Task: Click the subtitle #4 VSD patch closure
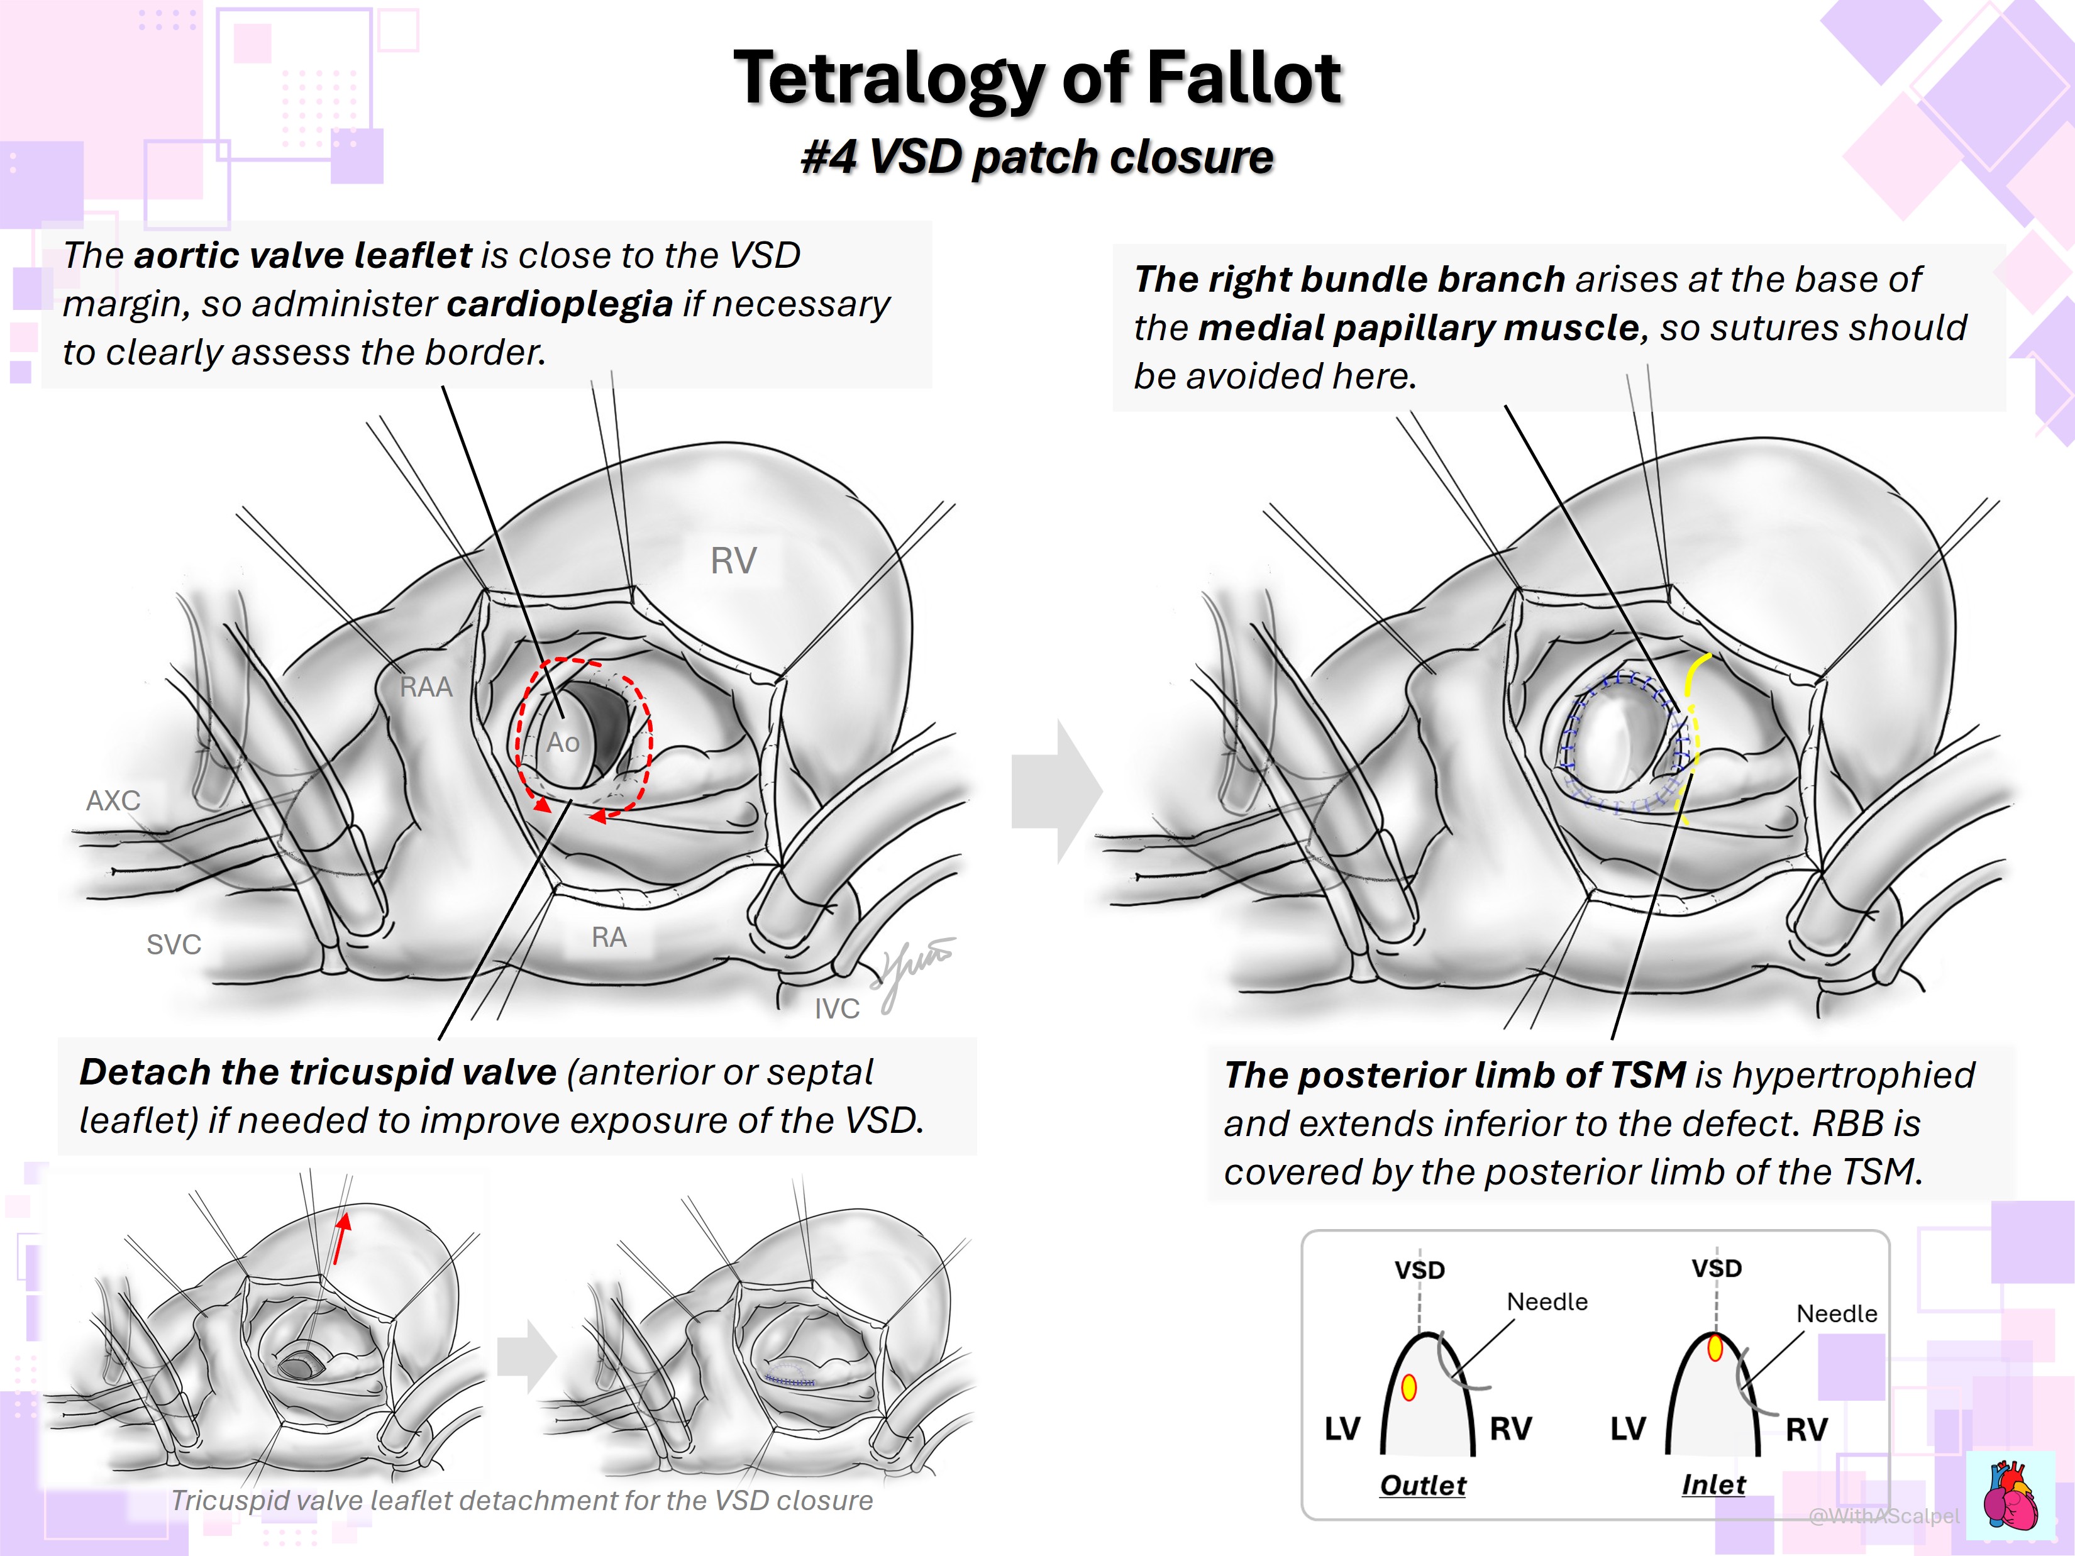pyautogui.click(x=1037, y=157)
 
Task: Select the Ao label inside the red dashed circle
pyautogui.click(x=563, y=743)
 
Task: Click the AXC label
pyautogui.click(x=113, y=800)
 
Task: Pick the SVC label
pyautogui.click(x=174, y=944)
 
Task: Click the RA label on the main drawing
pyautogui.click(x=609, y=937)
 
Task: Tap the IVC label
pyautogui.click(x=837, y=1008)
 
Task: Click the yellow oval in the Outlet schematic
pyautogui.click(x=1408, y=1387)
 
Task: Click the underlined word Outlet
pyautogui.click(x=1422, y=1486)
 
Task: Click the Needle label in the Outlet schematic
pyautogui.click(x=1547, y=1302)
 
